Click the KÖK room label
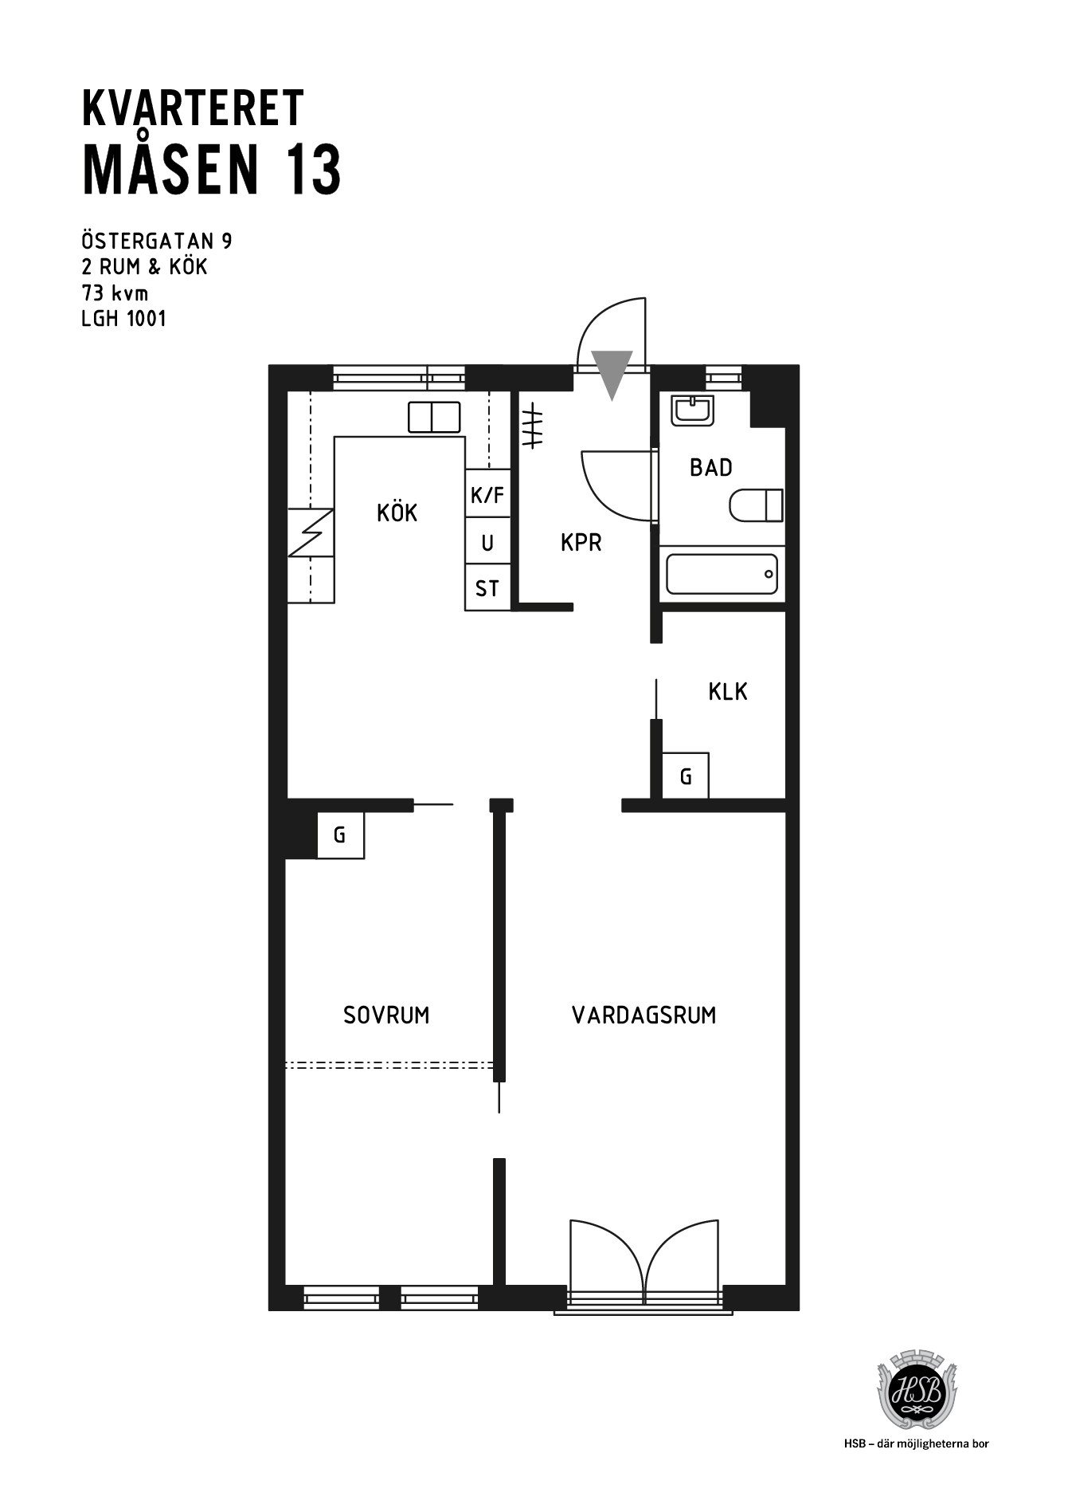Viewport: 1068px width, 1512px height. [x=397, y=513]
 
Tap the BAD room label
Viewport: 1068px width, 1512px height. [x=711, y=468]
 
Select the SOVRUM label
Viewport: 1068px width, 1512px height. [x=386, y=1015]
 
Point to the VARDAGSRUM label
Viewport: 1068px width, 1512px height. [x=644, y=1015]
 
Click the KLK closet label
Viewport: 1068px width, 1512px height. [x=728, y=692]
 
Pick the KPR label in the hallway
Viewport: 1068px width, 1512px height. [x=581, y=543]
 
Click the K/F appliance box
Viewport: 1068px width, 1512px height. [x=487, y=493]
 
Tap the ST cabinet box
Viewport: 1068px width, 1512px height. [x=487, y=587]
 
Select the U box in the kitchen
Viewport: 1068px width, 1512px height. [x=487, y=541]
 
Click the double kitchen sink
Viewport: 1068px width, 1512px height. [x=434, y=417]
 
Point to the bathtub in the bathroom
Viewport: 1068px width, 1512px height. [x=722, y=574]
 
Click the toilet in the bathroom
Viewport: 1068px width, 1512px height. [x=756, y=505]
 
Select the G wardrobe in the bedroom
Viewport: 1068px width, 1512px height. [x=340, y=835]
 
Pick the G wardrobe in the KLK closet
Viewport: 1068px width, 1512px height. [x=686, y=776]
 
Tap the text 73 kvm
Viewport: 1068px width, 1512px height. [x=115, y=293]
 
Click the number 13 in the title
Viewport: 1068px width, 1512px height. [x=315, y=170]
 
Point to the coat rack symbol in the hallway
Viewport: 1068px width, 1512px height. [x=532, y=426]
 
